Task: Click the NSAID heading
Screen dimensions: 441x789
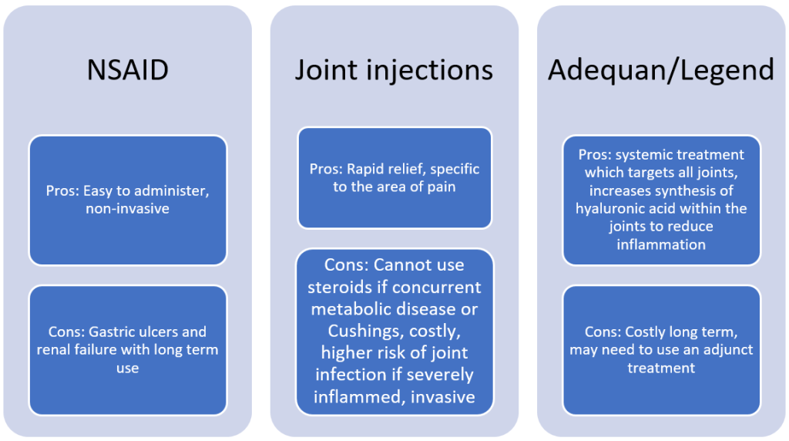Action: coord(127,70)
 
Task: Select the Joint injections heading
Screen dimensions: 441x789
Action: coord(394,70)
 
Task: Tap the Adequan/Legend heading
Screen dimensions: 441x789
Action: coord(661,70)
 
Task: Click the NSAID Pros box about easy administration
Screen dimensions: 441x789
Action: coord(128,200)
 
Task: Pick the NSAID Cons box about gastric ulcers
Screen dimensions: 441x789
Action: coord(128,350)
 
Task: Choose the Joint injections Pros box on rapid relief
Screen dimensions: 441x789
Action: coord(394,178)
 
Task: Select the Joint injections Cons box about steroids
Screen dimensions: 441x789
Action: coord(394,332)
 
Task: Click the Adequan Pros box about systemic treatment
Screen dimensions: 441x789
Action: coord(661,200)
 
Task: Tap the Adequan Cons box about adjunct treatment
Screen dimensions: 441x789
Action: coord(661,350)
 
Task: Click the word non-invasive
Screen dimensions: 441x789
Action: coord(128,209)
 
